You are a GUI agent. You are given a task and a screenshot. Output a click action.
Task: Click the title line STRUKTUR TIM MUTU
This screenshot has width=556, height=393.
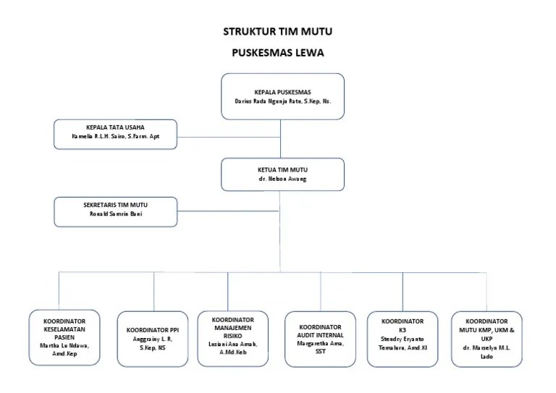point(278,32)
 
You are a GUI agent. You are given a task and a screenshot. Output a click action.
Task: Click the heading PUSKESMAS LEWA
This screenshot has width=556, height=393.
point(278,53)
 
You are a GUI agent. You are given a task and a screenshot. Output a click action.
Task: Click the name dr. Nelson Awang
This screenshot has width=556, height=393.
point(282,179)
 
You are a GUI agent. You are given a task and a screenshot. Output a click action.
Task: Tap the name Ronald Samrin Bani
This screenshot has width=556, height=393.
point(115,214)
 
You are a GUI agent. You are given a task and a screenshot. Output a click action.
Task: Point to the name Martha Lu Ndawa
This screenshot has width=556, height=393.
point(60,345)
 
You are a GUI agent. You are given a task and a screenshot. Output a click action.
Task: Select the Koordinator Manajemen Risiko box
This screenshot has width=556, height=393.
point(233,337)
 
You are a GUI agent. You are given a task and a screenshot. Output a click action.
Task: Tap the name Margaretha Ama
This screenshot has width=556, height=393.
point(320,344)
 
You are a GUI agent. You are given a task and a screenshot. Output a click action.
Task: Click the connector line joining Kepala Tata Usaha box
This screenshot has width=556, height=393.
point(228,135)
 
